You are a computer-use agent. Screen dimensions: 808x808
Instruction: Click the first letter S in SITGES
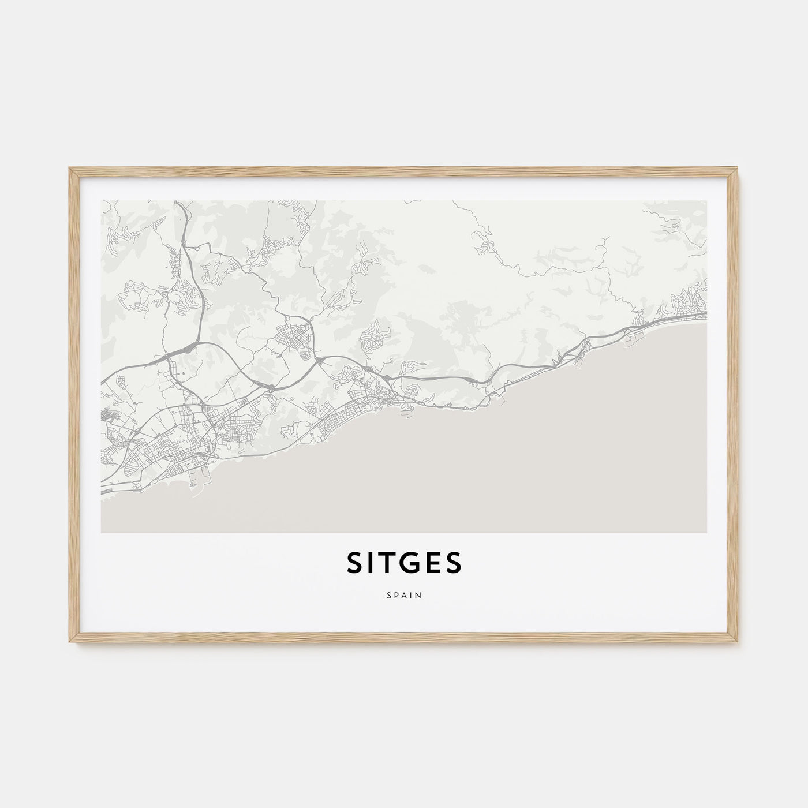(354, 563)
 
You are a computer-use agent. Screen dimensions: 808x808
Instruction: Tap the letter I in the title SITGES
(371, 563)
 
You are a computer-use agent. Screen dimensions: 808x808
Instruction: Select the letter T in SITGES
(388, 563)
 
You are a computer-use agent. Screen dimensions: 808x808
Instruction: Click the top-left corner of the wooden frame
(70, 169)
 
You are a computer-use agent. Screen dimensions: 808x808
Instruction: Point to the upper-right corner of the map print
(706, 201)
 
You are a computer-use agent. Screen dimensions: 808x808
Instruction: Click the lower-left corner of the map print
(101, 532)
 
